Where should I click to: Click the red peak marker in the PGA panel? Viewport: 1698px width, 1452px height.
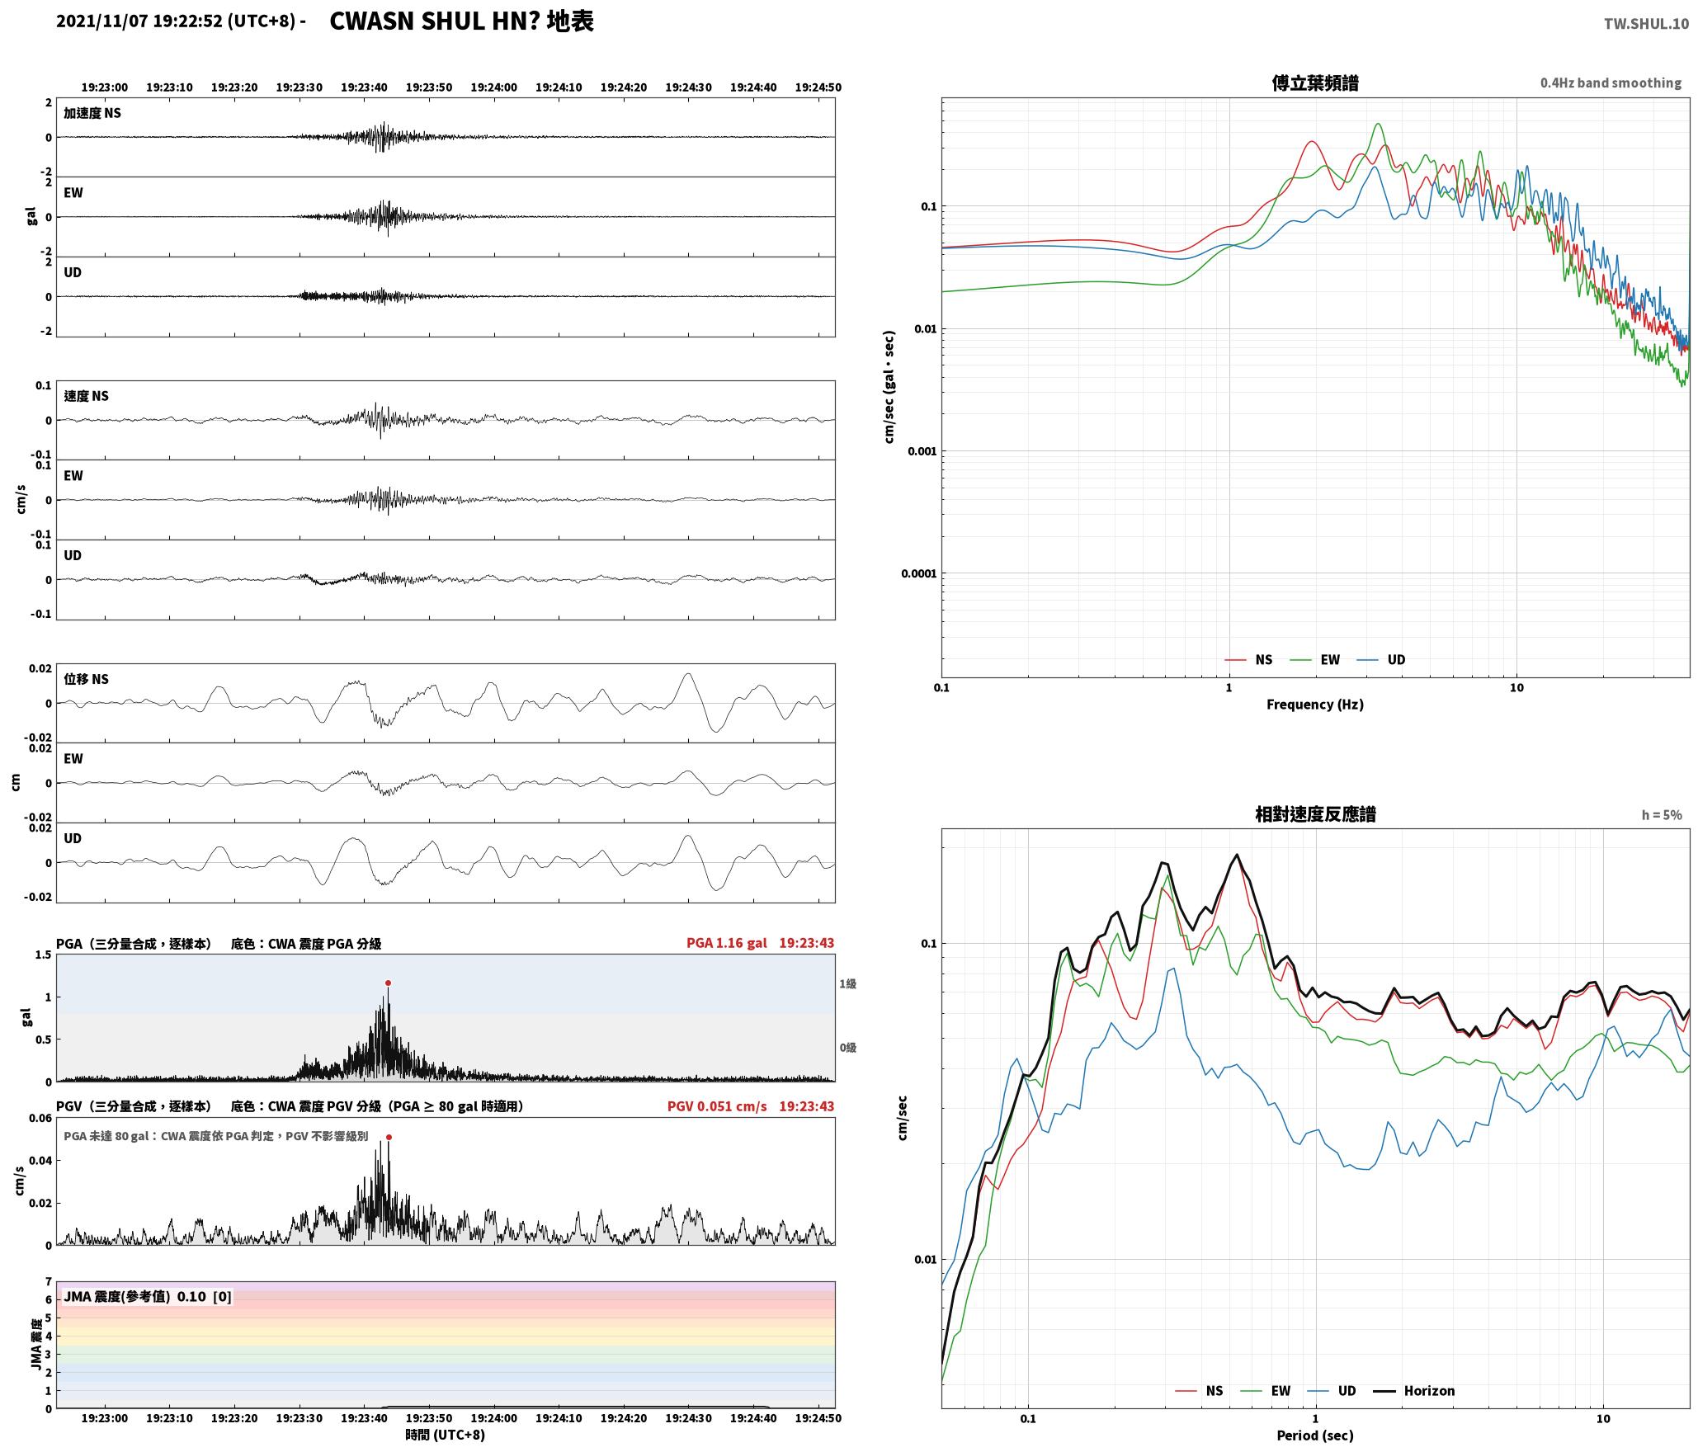coord(388,983)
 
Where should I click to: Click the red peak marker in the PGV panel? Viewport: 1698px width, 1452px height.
coord(389,1137)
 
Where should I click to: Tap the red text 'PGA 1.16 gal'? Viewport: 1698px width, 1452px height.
coord(726,943)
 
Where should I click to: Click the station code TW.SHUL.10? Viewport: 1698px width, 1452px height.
coord(1646,24)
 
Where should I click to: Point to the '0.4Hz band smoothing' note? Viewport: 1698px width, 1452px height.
coord(1611,82)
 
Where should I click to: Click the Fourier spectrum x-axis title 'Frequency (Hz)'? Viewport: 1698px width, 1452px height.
coord(1315,705)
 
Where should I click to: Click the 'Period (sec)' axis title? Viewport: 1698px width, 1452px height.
coord(1315,1435)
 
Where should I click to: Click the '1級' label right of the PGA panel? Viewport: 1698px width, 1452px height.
coord(847,984)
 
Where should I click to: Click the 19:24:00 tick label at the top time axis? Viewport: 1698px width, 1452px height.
coord(494,87)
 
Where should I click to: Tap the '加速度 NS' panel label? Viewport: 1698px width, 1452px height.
coord(92,113)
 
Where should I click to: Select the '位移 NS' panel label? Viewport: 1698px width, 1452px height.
coord(87,679)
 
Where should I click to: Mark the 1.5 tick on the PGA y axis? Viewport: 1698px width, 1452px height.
coord(43,955)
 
